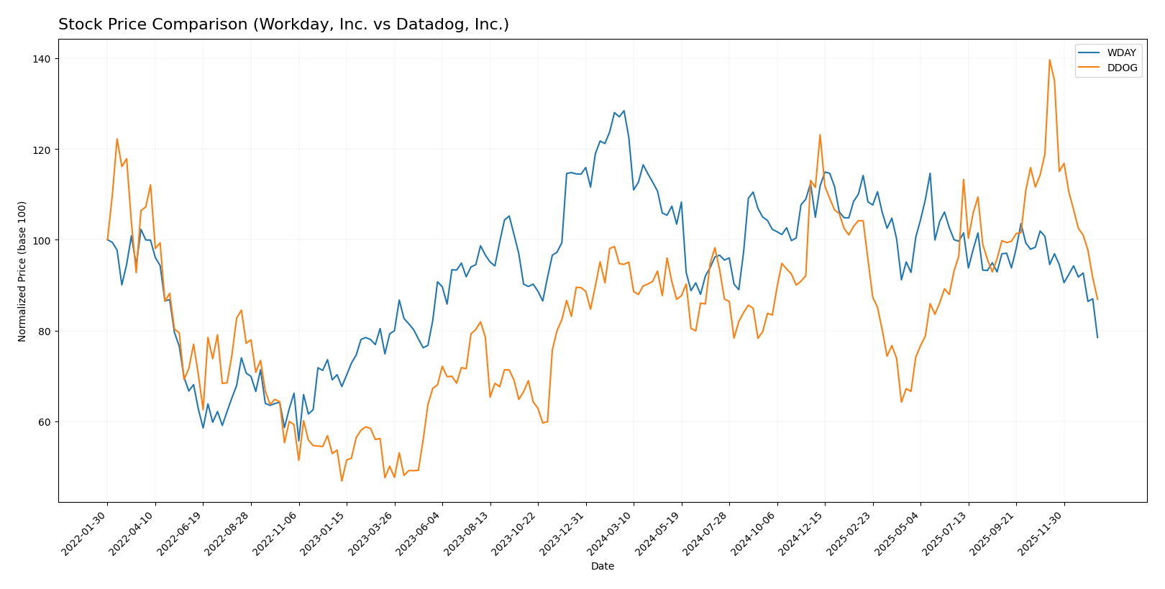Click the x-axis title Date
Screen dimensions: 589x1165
pyautogui.click(x=602, y=567)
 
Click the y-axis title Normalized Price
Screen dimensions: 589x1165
pyautogui.click(x=22, y=271)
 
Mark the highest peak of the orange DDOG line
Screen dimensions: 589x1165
pyautogui.click(x=1049, y=60)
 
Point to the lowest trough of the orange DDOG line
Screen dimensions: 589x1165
pyautogui.click(x=342, y=481)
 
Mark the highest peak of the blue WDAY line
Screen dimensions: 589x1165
pyautogui.click(x=623, y=111)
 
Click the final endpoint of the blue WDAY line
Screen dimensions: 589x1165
pyautogui.click(x=1097, y=337)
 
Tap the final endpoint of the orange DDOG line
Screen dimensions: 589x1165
pyautogui.click(x=1097, y=299)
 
